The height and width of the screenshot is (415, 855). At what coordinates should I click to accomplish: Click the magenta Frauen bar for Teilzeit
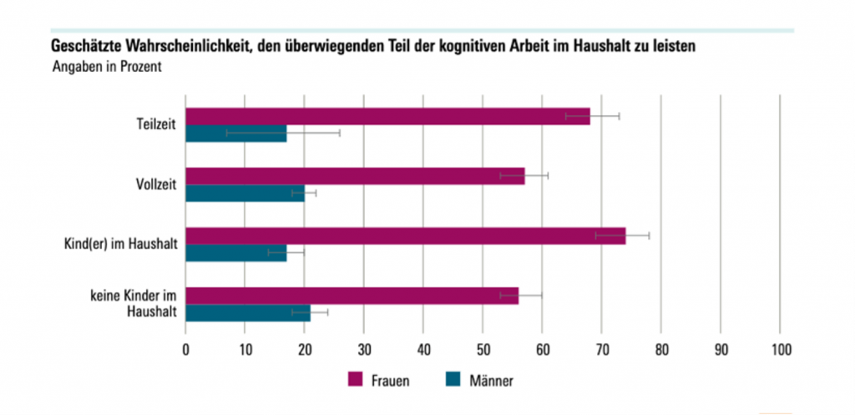coord(387,116)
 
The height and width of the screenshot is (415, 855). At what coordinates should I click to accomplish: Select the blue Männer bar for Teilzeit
coord(235,134)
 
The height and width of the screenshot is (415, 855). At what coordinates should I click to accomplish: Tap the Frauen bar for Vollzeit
coord(355,176)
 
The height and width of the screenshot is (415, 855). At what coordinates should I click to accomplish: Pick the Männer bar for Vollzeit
coord(245,194)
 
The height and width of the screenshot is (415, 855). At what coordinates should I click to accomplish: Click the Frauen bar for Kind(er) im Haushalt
coord(405,236)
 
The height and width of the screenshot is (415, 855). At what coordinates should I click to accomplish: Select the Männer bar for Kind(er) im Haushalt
coord(235,253)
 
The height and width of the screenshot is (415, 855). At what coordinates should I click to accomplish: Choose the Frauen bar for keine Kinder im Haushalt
coord(352,296)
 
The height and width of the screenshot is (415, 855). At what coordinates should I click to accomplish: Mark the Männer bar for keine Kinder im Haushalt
coord(247,313)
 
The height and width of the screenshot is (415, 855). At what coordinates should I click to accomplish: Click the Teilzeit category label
coord(156,125)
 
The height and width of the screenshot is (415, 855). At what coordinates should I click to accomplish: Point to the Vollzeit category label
coord(155,185)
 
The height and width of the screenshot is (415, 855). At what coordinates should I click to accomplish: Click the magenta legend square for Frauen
coord(355,381)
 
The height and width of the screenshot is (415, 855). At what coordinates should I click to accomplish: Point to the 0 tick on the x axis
coord(185,350)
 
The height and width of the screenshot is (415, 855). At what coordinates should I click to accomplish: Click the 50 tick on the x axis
coord(483,350)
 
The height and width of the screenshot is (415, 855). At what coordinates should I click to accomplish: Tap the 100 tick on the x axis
coord(780,350)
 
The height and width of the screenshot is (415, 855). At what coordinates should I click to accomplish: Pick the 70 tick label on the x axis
coord(601,350)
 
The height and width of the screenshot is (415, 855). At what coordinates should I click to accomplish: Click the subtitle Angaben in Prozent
coord(106,68)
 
